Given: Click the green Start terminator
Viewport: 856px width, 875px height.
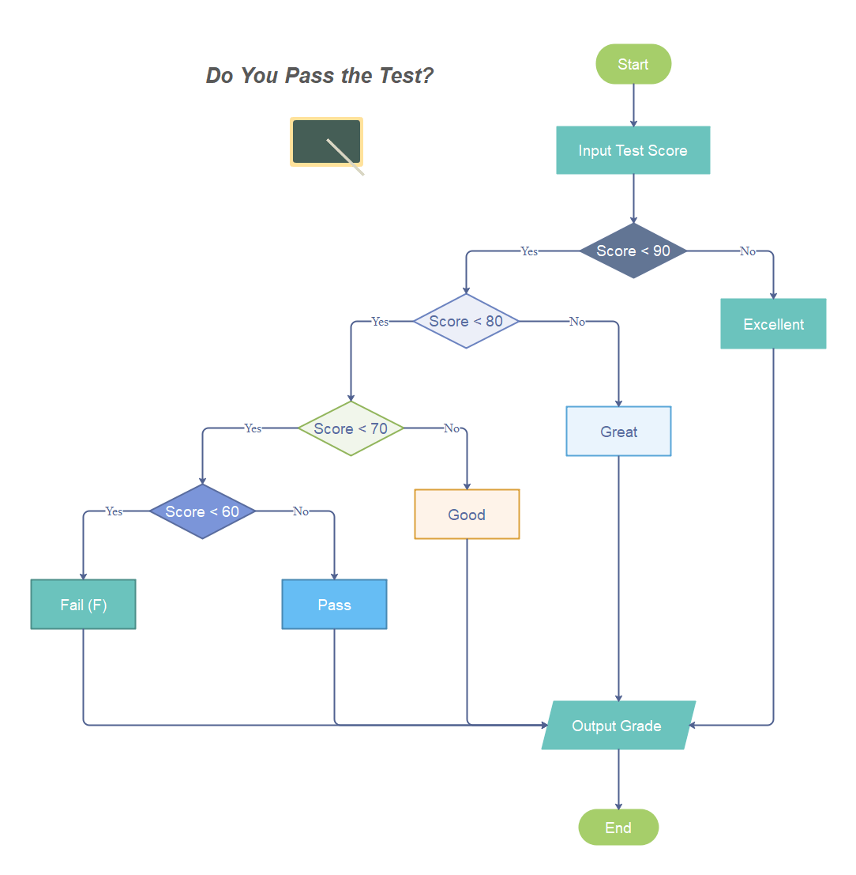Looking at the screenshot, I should tap(633, 64).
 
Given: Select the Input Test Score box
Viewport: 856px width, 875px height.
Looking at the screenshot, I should tap(633, 150).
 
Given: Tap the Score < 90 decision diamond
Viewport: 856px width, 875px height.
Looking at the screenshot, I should tap(633, 251).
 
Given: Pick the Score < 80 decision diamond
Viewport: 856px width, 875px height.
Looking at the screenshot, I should tap(466, 321).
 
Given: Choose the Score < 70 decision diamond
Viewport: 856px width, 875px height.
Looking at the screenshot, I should tap(351, 428).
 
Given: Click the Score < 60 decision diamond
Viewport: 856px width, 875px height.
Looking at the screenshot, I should tap(202, 511).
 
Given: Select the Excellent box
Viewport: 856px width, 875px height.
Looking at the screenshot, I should tap(773, 324).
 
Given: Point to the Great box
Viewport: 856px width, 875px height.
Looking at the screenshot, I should tap(618, 432).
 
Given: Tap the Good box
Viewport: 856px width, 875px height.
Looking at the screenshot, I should tap(467, 515).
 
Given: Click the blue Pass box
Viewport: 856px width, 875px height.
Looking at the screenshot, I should tap(334, 605).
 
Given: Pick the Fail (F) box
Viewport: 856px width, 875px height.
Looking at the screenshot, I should tap(83, 605).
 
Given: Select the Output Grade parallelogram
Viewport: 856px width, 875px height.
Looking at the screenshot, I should tap(618, 726).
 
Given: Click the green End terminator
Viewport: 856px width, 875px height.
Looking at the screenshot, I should tap(618, 828).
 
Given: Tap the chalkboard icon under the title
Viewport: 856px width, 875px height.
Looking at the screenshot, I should tap(327, 143).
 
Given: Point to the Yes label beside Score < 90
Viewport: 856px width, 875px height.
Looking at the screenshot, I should tap(529, 251).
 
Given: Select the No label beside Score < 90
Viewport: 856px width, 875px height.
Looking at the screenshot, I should tap(747, 251).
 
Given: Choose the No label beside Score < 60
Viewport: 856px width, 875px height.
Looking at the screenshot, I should tap(301, 511).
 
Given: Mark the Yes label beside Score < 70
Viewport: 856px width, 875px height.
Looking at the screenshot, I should tap(253, 428).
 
